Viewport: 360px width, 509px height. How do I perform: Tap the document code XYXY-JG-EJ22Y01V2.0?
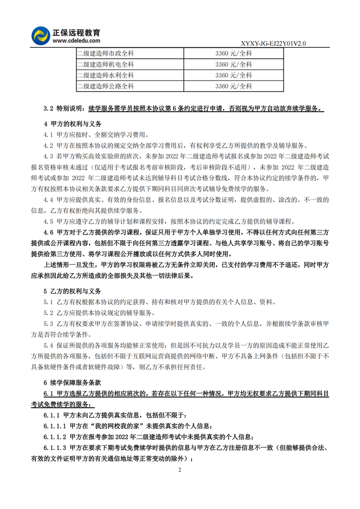(273, 44)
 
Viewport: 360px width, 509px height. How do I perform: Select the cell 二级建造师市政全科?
(105, 53)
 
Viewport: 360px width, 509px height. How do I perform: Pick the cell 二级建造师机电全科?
(105, 64)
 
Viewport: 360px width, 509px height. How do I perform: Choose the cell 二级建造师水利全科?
(105, 75)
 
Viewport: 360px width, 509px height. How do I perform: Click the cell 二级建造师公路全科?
(105, 86)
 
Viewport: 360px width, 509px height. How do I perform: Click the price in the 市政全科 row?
(234, 53)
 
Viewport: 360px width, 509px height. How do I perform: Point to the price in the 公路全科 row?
(234, 86)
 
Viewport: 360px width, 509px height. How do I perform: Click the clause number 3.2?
(49, 108)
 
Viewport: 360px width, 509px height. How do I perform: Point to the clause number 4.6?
(49, 233)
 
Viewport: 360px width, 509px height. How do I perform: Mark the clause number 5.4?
(49, 346)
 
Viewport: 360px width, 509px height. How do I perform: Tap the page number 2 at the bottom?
(180, 470)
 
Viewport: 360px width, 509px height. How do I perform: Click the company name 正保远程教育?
(76, 32)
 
